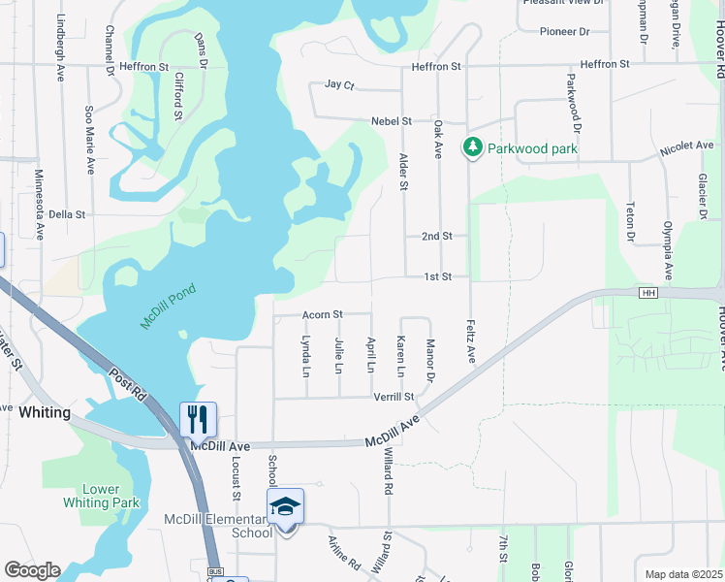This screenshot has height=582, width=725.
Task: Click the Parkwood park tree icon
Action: [x=472, y=147]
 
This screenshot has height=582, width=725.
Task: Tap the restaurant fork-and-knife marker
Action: [x=198, y=419]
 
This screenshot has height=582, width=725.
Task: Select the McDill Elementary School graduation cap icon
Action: [x=285, y=506]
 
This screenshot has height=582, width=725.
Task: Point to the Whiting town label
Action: [x=45, y=412]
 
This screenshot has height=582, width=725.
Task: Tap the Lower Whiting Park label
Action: [x=101, y=496]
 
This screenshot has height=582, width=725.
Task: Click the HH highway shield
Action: [x=649, y=293]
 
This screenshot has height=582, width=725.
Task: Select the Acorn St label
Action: [x=323, y=314]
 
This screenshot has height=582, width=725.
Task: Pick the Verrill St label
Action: [x=394, y=397]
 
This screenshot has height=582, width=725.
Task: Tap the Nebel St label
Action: [x=392, y=121]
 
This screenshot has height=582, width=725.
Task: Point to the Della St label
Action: [x=68, y=214]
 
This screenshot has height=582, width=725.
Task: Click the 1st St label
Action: [x=438, y=276]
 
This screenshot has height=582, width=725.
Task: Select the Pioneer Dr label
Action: [x=565, y=32]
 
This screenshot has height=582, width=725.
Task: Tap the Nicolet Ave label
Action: [x=687, y=146]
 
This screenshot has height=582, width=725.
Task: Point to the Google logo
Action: [x=32, y=570]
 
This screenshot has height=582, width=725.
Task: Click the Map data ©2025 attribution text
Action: [x=683, y=574]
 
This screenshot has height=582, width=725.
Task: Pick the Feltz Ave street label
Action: [x=471, y=341]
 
